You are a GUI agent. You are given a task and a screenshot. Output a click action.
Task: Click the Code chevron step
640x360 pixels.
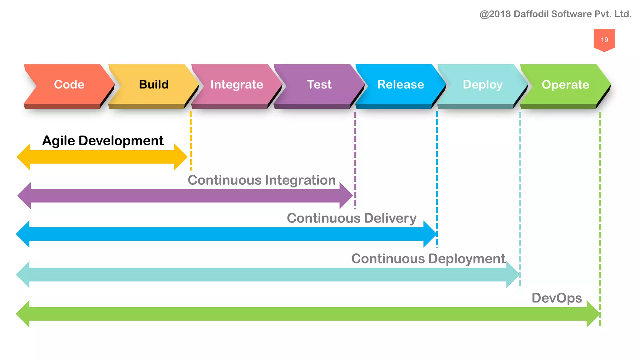point(69,84)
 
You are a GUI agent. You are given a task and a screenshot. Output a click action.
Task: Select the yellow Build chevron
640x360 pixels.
point(154,84)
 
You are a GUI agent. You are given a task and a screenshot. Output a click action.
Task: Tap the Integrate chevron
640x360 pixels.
point(237,84)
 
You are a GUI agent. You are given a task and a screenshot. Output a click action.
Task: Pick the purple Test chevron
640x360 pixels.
point(319,84)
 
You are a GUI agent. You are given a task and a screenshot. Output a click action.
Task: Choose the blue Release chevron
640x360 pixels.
point(401,84)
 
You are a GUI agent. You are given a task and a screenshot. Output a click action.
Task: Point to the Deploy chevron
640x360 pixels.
point(482,84)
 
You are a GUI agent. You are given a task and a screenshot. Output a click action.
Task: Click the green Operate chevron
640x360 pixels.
point(565,84)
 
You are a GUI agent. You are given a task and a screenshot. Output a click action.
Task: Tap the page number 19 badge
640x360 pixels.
point(604,40)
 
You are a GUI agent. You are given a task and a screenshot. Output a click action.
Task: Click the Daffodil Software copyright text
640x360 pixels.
point(555,14)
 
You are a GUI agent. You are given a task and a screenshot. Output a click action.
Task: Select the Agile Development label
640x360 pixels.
point(103,141)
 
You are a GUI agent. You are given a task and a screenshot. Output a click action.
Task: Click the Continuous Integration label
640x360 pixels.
point(262,180)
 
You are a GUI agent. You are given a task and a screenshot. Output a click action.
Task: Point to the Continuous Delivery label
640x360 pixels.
point(352,218)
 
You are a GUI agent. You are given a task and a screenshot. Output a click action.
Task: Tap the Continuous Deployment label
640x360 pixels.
point(428,259)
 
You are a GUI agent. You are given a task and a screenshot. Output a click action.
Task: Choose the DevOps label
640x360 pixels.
point(557,298)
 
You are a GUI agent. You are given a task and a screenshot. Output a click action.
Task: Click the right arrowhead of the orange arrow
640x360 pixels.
point(180,157)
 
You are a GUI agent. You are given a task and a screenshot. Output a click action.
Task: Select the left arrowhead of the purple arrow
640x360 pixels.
point(25,196)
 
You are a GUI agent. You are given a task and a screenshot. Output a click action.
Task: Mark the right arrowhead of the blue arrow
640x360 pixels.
point(430,234)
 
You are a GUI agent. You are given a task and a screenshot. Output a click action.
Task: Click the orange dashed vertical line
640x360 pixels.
point(191,141)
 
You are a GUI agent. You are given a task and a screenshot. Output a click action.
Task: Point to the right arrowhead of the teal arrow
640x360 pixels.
point(512,275)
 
